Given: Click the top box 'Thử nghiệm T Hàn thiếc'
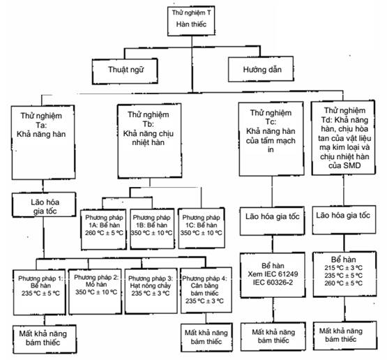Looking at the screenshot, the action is pyautogui.click(x=191, y=21).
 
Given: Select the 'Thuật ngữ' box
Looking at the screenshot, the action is pyautogui.click(x=125, y=71).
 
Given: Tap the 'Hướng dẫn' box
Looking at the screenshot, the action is pyautogui.click(x=261, y=69).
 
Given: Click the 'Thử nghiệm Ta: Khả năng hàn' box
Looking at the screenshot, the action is pyautogui.click(x=43, y=142).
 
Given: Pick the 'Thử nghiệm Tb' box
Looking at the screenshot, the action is pyautogui.click(x=149, y=141).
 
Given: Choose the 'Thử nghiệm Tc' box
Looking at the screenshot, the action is pyautogui.click(x=271, y=139).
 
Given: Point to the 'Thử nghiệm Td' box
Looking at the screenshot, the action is pyautogui.click(x=344, y=137).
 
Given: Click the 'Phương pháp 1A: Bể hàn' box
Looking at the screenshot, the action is pyautogui.click(x=104, y=230).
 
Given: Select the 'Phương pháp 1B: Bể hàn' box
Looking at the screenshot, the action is pyautogui.click(x=152, y=229).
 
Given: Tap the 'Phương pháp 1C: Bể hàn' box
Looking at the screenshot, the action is pyautogui.click(x=202, y=228).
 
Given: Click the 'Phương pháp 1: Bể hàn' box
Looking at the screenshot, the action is pyautogui.click(x=40, y=292).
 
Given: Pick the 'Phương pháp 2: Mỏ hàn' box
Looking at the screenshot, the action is pyautogui.click(x=96, y=292).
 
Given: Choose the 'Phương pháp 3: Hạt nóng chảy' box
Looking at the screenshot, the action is pyautogui.click(x=151, y=291).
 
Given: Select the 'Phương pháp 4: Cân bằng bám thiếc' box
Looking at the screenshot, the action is pyautogui.click(x=206, y=290).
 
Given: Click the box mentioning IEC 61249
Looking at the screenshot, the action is pyautogui.click(x=273, y=275).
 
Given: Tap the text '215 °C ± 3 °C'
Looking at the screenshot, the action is pyautogui.click(x=344, y=268).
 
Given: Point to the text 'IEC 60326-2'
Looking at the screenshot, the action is pyautogui.click(x=273, y=283).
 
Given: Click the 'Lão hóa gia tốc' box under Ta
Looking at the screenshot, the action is pyautogui.click(x=44, y=205).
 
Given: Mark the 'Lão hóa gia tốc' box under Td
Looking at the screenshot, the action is pyautogui.click(x=344, y=220).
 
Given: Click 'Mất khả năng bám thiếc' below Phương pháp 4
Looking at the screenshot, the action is pyautogui.click(x=207, y=337).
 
